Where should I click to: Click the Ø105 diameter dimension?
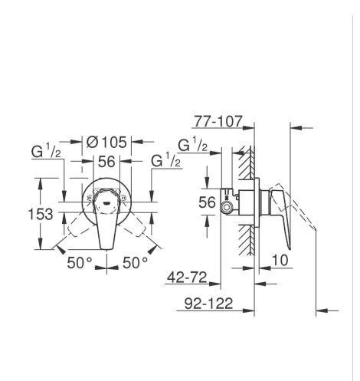pyautogui.click(x=106, y=142)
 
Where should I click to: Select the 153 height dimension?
pyautogui.click(x=41, y=214)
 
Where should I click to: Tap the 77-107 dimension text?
pyautogui.click(x=218, y=121)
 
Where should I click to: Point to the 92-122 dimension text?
pyautogui.click(x=208, y=304)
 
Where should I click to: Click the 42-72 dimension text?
pyautogui.click(x=187, y=277)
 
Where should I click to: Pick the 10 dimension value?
pyautogui.click(x=280, y=260)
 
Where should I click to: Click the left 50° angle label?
pyautogui.click(x=79, y=262)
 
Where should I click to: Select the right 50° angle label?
pyautogui.click(x=135, y=262)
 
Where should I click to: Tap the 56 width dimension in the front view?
pyautogui.click(x=106, y=162)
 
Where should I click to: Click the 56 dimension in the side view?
pyautogui.click(x=207, y=202)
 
